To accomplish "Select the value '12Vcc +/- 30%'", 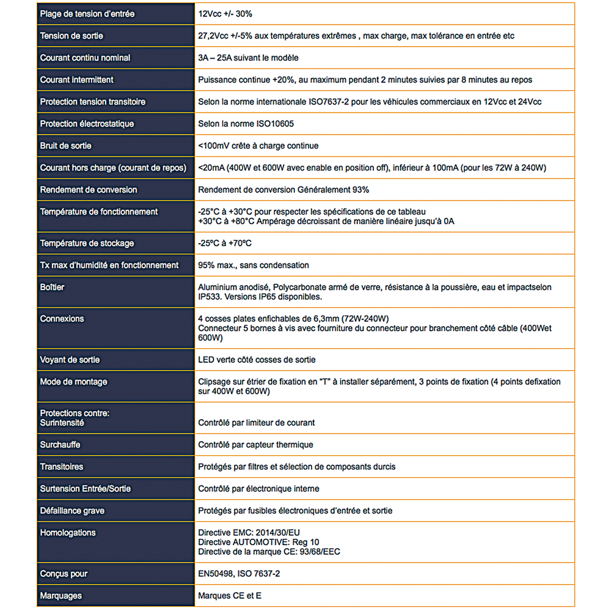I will pos(224,14).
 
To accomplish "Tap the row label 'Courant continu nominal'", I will pos(85,58).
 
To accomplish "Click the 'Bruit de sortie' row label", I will pos(65,146).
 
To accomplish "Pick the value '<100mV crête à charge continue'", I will pos(258,146).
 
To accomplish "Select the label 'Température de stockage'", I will pos(87,243).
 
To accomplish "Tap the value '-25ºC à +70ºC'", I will pos(225,243).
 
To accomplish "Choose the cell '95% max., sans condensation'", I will pos(254,265).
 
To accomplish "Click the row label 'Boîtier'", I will pos(52,287).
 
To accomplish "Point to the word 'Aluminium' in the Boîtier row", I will pos(217,287).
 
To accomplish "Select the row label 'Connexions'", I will pos(62,319).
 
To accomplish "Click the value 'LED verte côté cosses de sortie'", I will pos(257,360).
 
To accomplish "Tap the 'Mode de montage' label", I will pos(73,382).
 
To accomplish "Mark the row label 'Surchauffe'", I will pos(60,445).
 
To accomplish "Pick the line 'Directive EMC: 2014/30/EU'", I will pos(249,532).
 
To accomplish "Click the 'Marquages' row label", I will pos(60,596).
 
